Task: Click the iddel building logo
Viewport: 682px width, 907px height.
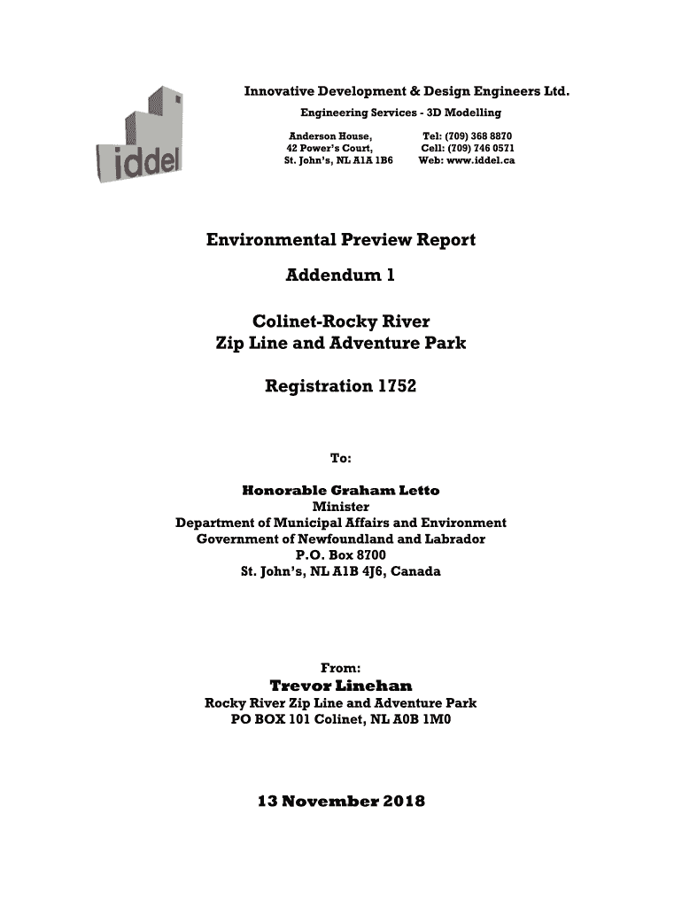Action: (139, 137)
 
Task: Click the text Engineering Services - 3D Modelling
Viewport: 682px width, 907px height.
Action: (400, 112)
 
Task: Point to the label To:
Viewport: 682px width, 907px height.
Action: (341, 458)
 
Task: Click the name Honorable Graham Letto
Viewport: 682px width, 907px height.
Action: (341, 490)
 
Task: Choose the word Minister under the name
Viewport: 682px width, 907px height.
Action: (341, 507)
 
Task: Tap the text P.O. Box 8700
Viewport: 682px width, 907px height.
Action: (341, 555)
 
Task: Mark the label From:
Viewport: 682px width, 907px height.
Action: (341, 669)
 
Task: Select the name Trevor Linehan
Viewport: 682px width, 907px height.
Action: (341, 686)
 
